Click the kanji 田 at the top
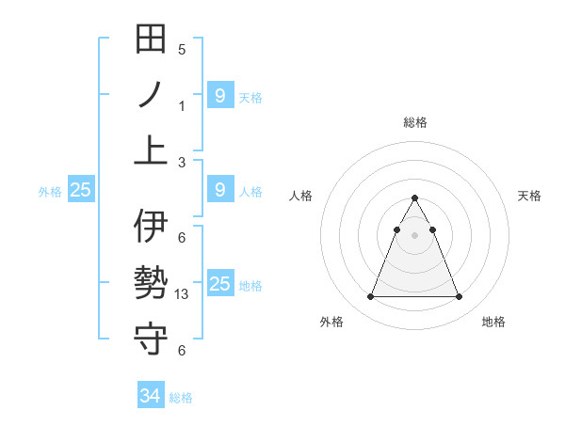click(x=152, y=39)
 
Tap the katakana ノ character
click(x=152, y=95)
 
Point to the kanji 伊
click(x=152, y=227)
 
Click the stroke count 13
click(x=183, y=294)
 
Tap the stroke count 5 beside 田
click(x=182, y=50)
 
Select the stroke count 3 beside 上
click(x=182, y=162)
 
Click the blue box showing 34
click(x=151, y=396)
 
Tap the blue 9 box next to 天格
click(x=219, y=95)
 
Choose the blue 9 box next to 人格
click(x=219, y=190)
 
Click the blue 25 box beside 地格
click(x=219, y=283)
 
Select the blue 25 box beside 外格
click(x=80, y=190)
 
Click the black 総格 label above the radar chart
click(x=415, y=122)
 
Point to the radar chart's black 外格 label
click(x=331, y=323)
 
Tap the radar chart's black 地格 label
click(x=493, y=323)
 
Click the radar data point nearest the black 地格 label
click(x=459, y=297)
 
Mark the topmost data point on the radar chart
click(x=414, y=198)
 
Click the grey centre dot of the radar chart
click(x=414, y=235)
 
